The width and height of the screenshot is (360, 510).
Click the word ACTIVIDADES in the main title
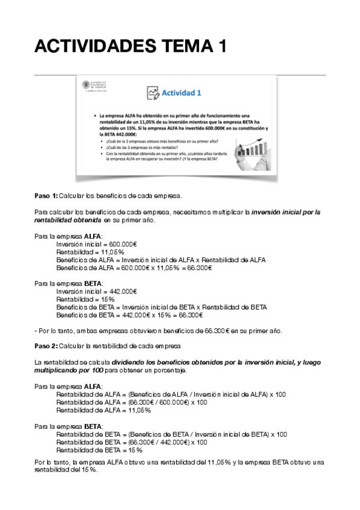click(x=93, y=46)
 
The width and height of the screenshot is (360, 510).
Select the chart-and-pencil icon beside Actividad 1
click(x=151, y=93)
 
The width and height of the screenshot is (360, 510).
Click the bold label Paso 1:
click(x=46, y=196)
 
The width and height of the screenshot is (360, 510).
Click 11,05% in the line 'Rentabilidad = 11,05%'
click(x=108, y=251)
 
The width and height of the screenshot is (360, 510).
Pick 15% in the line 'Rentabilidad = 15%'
click(x=106, y=299)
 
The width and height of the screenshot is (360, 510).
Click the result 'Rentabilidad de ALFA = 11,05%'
click(x=103, y=410)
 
